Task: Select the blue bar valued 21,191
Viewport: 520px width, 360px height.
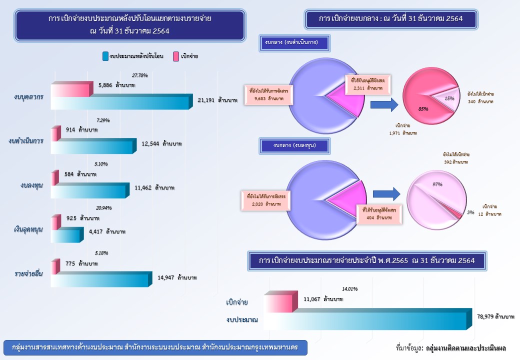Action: [120, 102]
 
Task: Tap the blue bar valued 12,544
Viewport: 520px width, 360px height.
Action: [92, 146]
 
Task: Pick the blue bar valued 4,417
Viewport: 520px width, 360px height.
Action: [66, 235]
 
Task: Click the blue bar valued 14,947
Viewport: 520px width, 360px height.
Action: [100, 280]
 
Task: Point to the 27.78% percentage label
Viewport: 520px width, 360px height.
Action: [140, 75]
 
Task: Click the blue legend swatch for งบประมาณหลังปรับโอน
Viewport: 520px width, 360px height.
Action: [105, 56]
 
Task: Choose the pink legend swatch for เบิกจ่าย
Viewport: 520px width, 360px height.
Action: [175, 56]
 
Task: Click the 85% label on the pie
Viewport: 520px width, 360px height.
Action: [423, 108]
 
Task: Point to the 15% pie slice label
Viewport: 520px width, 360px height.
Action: [449, 98]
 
